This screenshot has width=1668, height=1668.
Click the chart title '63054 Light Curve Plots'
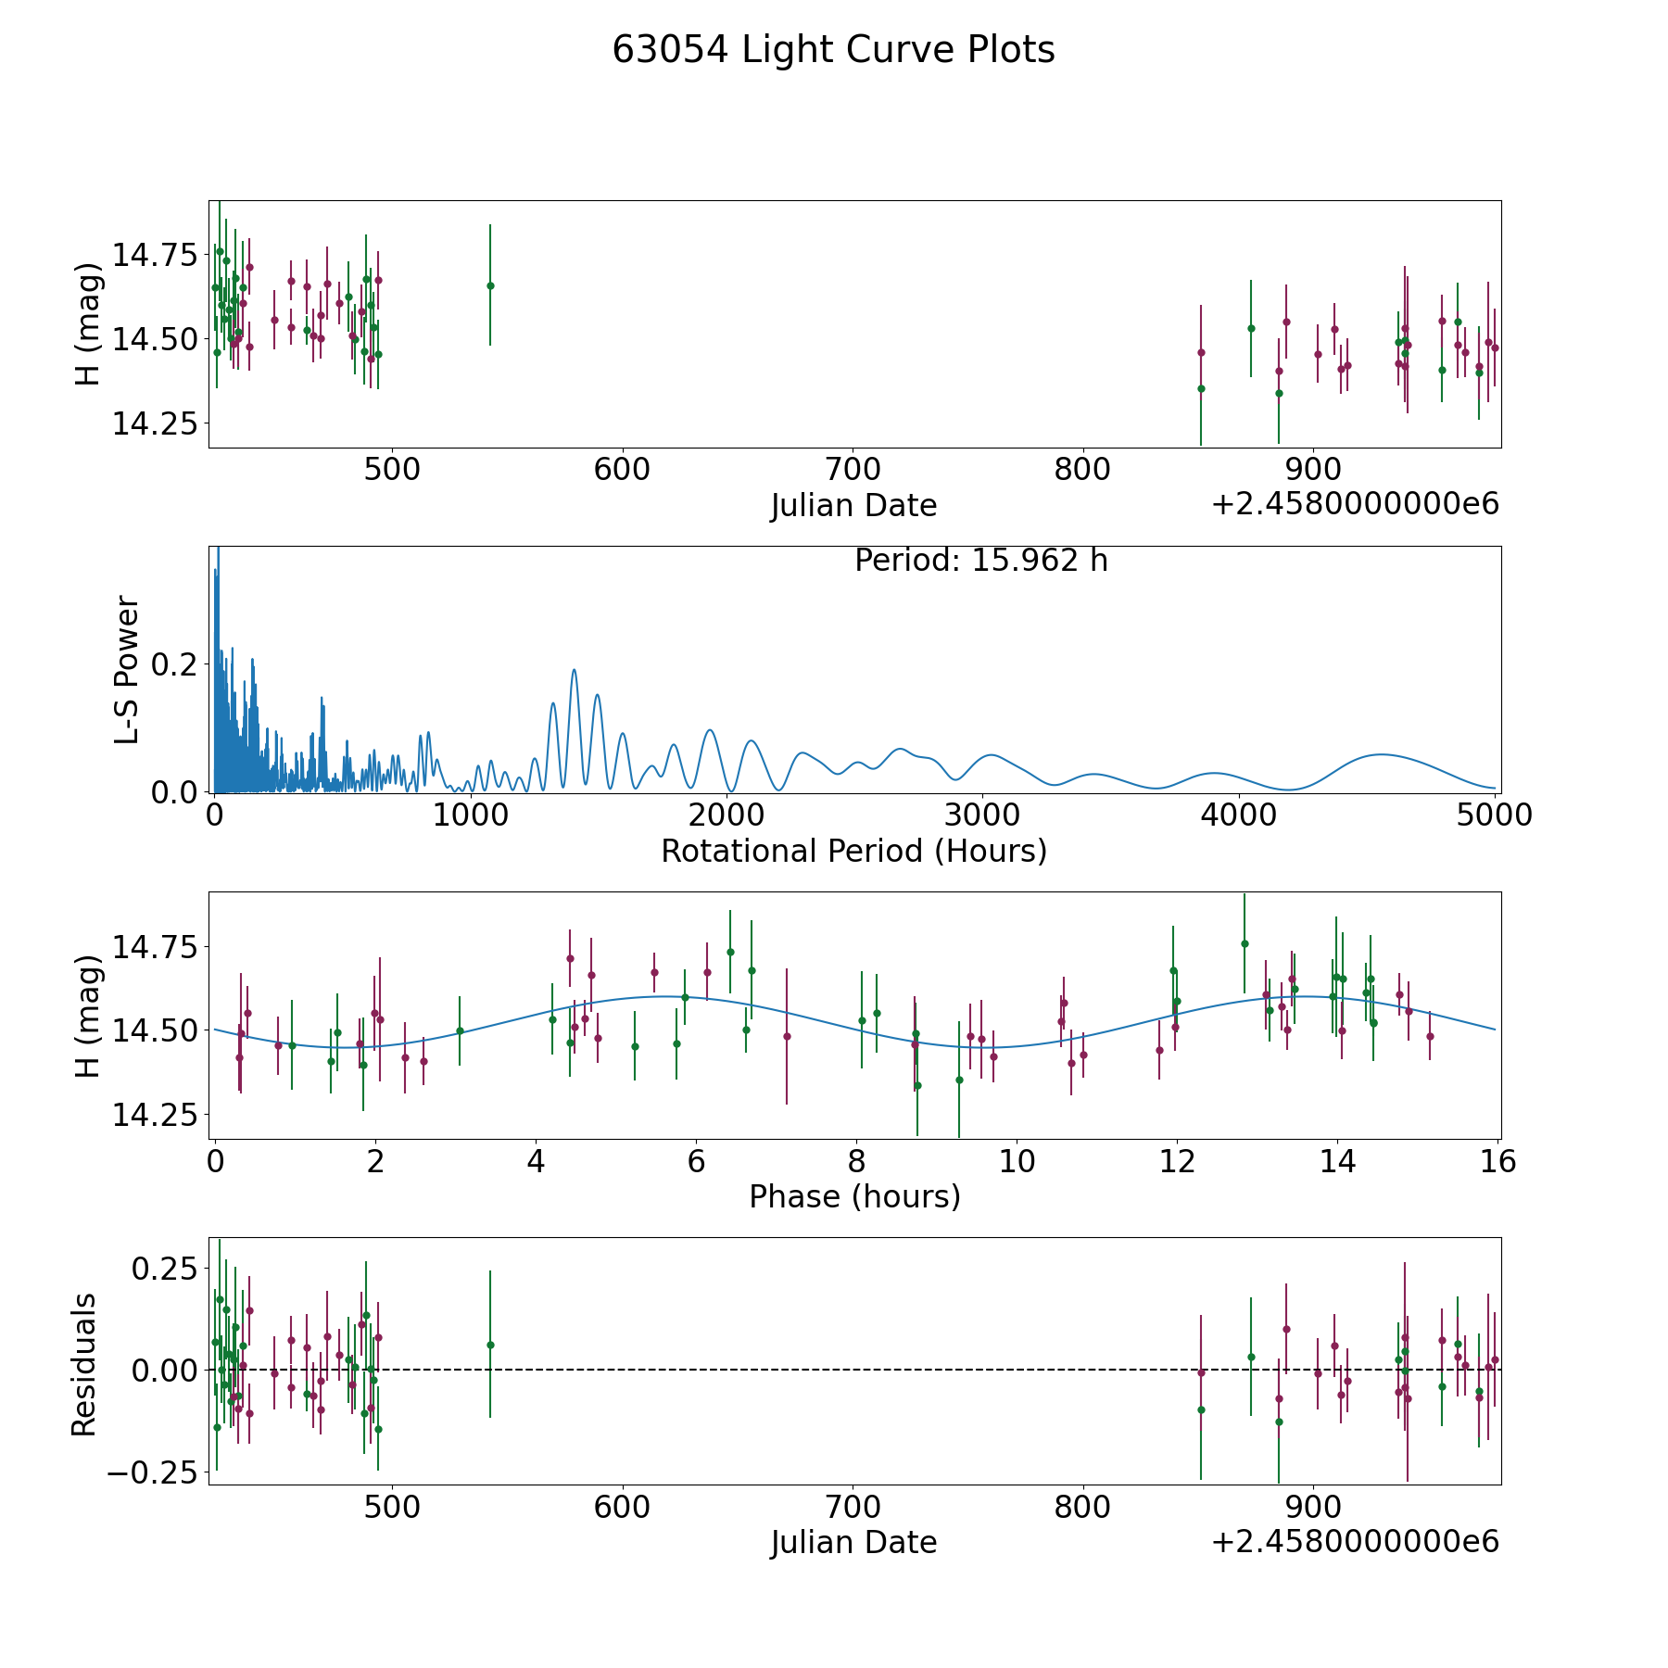(833, 50)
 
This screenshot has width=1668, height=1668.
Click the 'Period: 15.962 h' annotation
(980, 561)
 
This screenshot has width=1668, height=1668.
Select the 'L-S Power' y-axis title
(127, 670)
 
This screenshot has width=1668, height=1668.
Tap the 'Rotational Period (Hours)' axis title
(853, 851)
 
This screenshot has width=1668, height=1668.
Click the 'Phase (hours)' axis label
(853, 1196)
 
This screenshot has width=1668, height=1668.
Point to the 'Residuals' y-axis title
(84, 1365)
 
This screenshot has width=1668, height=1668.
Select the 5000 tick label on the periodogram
(1494, 815)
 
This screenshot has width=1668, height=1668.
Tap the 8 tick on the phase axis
(856, 1161)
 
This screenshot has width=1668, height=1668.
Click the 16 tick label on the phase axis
(1497, 1161)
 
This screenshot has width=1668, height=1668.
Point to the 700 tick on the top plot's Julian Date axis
(853, 470)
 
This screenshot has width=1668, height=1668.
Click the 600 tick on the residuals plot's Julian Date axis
(622, 1507)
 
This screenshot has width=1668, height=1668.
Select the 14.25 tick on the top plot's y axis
(155, 423)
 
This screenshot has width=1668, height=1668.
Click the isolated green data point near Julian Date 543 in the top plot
(490, 285)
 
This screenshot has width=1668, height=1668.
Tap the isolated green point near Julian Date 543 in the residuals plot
(490, 1345)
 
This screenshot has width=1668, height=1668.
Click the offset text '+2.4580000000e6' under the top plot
(1355, 504)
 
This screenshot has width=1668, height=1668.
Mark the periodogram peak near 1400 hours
(574, 670)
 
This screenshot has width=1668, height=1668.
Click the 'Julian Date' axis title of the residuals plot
(853, 1542)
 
